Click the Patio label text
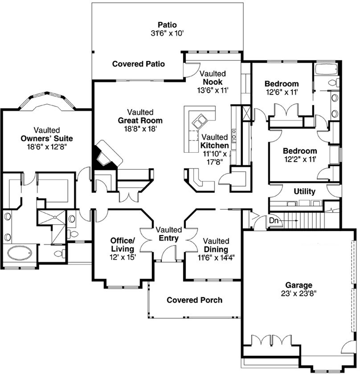167,24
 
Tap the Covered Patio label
139,64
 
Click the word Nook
213,82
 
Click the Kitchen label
215,146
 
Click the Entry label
169,239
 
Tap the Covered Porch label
194,300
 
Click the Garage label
298,285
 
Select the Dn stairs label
274,220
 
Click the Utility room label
304,191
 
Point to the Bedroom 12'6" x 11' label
281,84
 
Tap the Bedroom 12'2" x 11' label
299,151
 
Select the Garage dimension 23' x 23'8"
298,294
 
